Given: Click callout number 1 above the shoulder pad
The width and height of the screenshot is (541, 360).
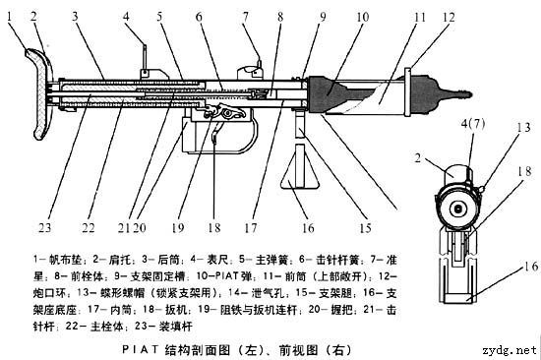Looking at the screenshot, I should (12, 16).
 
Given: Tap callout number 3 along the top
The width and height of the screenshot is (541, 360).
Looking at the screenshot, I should (75, 16).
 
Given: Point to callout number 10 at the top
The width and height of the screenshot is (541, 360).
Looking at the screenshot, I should (334, 17).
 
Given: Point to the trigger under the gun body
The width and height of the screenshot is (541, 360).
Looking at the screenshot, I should (213, 138).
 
